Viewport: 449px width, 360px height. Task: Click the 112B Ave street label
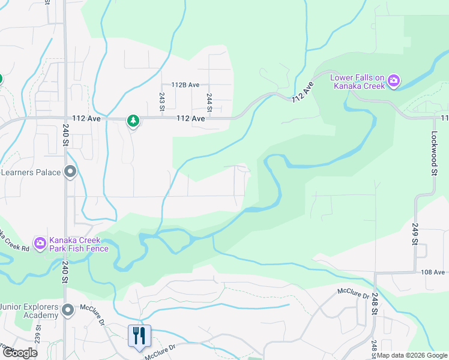coord(185,85)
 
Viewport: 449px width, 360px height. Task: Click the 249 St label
coord(414,234)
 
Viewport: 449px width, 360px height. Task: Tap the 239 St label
coord(38,333)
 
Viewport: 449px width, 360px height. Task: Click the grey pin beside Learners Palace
coord(70,173)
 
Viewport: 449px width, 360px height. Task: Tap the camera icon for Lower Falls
coord(394,81)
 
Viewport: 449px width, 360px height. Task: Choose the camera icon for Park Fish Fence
coord(40,244)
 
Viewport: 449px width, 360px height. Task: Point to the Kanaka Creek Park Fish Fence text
coord(79,244)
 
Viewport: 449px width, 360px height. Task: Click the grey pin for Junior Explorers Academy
coord(68,310)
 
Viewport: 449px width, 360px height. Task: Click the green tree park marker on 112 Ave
coord(133,121)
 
